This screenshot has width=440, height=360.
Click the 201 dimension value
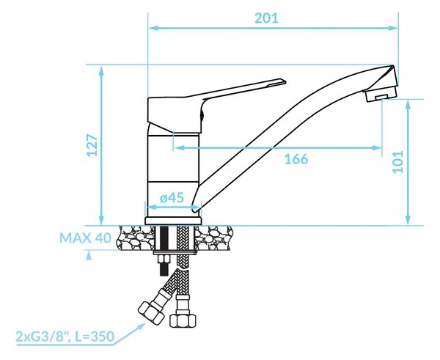[266, 18]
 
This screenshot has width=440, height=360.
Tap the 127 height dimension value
[92, 145]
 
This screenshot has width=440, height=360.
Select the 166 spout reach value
[296, 159]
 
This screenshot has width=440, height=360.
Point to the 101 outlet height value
[398, 162]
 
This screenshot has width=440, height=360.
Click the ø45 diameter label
[172, 197]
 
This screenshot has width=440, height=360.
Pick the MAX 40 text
[85, 238]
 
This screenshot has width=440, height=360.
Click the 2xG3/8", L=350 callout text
[65, 336]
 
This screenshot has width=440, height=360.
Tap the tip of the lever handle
[285, 81]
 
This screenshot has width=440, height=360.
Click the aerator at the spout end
[379, 94]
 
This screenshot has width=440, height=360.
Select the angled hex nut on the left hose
[151, 312]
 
